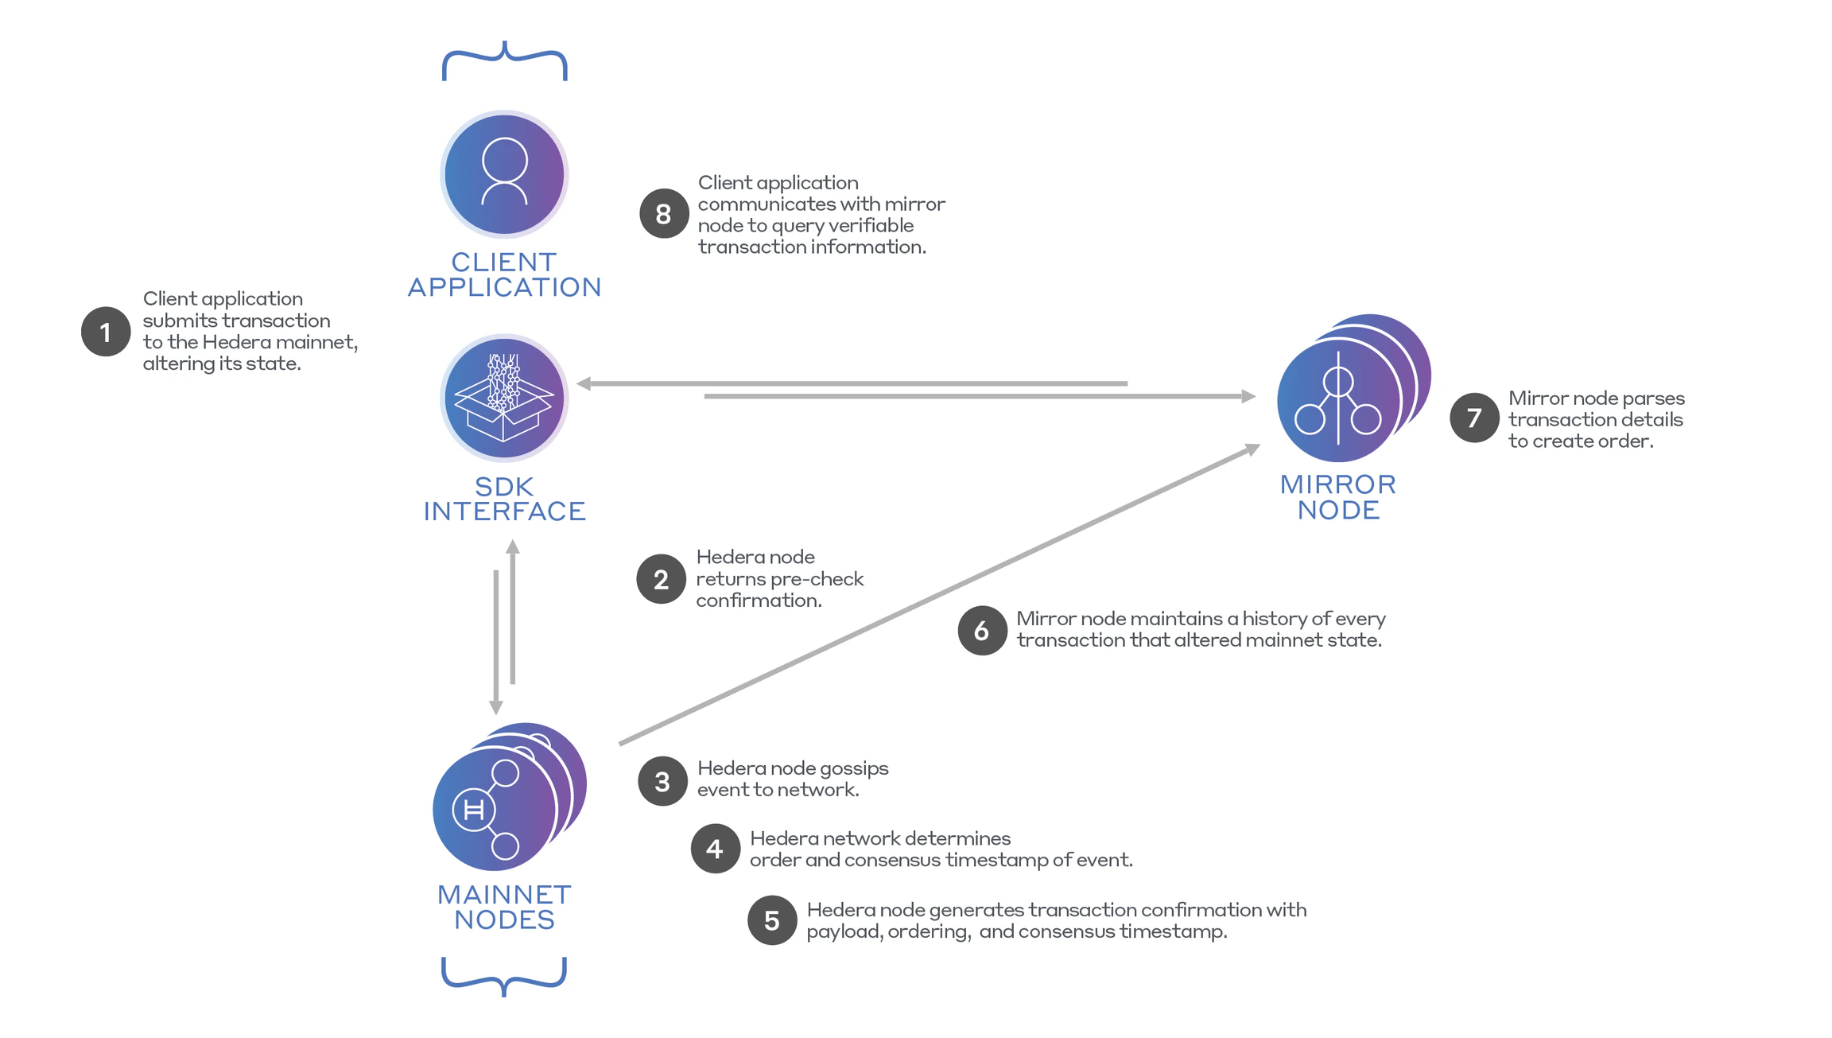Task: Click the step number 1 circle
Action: (106, 332)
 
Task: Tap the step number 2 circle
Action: (661, 579)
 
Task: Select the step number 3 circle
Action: (662, 781)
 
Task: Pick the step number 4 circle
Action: (715, 849)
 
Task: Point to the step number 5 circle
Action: (772, 920)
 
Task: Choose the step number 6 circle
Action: (982, 631)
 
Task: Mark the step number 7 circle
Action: (1474, 418)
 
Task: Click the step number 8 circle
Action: (663, 213)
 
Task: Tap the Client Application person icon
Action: (504, 173)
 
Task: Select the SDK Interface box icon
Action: (504, 398)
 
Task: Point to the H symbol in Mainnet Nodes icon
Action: (474, 810)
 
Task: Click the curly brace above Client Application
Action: (504, 60)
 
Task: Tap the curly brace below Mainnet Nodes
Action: (504, 977)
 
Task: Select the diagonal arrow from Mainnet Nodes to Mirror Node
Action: (938, 595)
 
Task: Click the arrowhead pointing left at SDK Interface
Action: (584, 383)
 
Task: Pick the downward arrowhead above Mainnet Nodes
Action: (496, 707)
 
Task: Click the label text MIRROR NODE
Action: (1338, 497)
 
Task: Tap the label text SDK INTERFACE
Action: (504, 499)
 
